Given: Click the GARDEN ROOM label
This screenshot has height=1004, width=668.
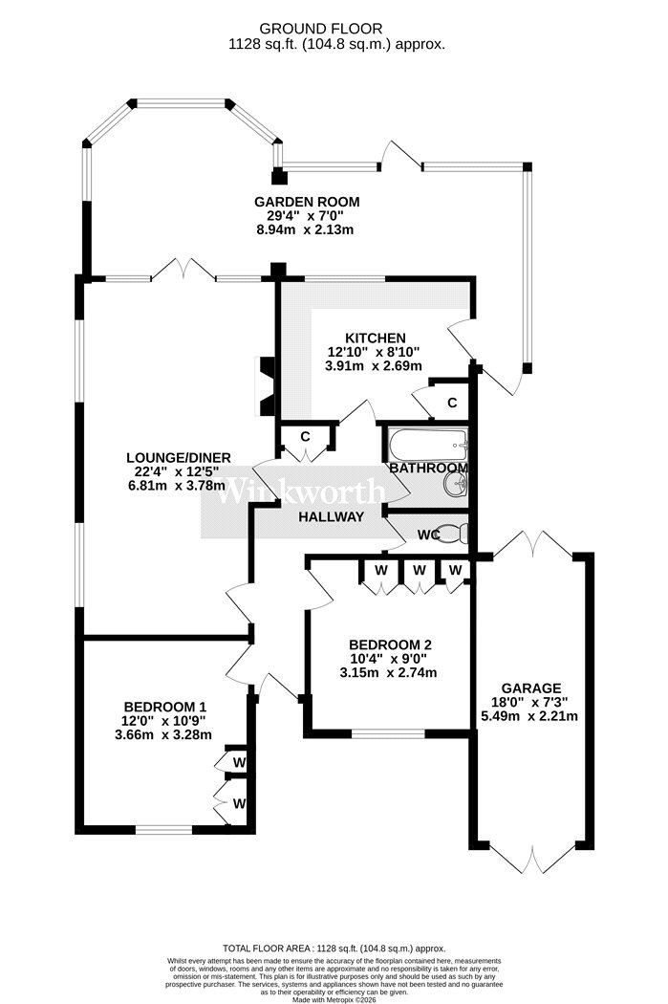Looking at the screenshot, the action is [x=307, y=202].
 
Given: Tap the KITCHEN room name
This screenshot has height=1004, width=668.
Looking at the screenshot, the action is [x=375, y=338].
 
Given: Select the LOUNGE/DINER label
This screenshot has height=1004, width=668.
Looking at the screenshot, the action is [x=179, y=457].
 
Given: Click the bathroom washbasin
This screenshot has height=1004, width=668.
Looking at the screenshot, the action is [x=455, y=485].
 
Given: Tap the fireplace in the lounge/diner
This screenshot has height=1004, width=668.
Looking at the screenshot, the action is [x=266, y=386].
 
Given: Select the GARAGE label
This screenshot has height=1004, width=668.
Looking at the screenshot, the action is [x=531, y=688].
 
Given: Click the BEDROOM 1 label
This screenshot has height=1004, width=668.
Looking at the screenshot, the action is [x=165, y=707].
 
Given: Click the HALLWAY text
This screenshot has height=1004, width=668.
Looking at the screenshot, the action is [x=332, y=516].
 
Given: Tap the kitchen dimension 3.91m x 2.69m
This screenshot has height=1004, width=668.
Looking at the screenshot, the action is [x=375, y=366].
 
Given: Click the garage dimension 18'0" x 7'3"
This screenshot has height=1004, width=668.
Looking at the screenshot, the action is [x=530, y=702].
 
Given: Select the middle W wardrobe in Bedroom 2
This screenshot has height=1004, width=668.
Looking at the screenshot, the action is [x=420, y=570].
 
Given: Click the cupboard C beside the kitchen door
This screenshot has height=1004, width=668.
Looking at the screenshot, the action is [x=452, y=403].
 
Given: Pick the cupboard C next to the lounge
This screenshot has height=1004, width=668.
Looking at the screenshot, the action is [x=305, y=437].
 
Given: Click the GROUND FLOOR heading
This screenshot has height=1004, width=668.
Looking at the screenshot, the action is [x=320, y=28].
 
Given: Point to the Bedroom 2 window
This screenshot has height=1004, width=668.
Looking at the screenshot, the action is [x=388, y=733].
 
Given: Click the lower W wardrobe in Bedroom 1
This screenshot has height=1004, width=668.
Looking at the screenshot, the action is [x=239, y=803].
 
